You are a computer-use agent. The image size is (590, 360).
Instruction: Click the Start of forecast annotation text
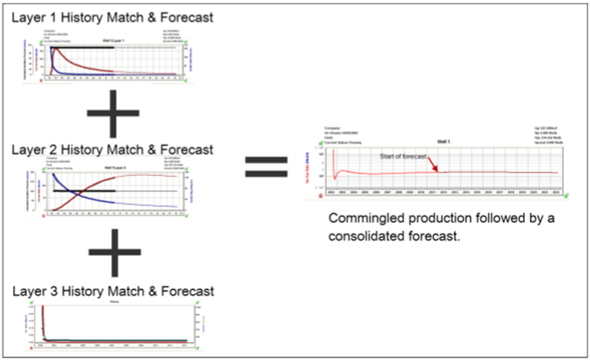(403, 155)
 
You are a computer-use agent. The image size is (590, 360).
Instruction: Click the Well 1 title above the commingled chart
(444, 142)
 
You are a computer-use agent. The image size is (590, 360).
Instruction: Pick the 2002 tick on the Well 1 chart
(332, 191)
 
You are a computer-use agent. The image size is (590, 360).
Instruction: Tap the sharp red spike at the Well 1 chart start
(334, 152)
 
